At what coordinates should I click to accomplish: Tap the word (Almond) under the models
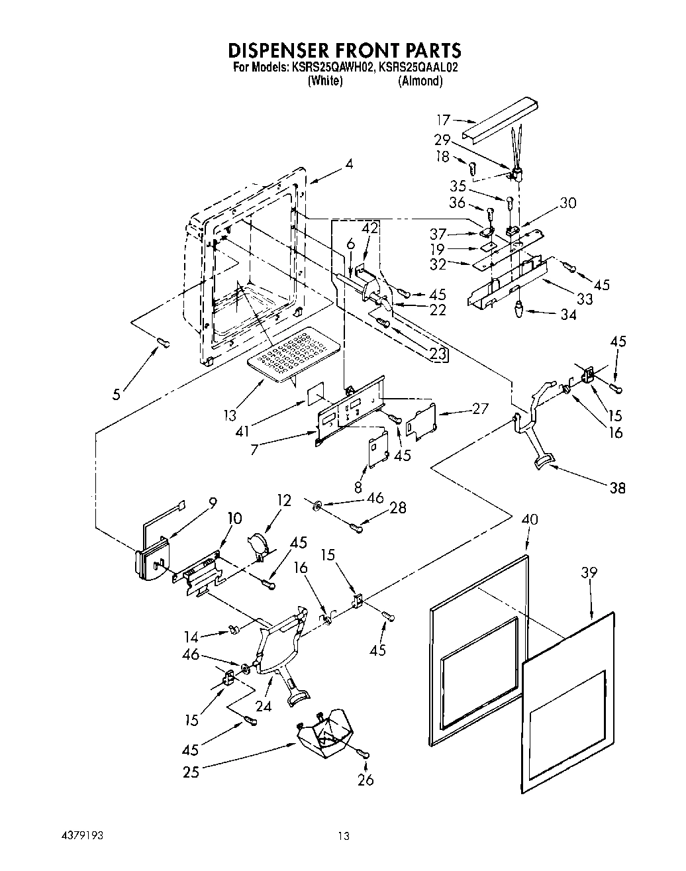[x=420, y=81]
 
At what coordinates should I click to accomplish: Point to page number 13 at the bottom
[x=342, y=837]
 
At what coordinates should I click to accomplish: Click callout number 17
[x=443, y=120]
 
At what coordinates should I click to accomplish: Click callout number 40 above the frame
[x=530, y=519]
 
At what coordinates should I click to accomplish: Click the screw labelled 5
[x=163, y=342]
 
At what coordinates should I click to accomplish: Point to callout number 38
[x=617, y=488]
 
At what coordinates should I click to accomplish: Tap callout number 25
[x=191, y=772]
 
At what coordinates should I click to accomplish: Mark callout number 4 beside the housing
[x=348, y=164]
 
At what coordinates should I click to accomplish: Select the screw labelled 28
[x=357, y=527]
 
